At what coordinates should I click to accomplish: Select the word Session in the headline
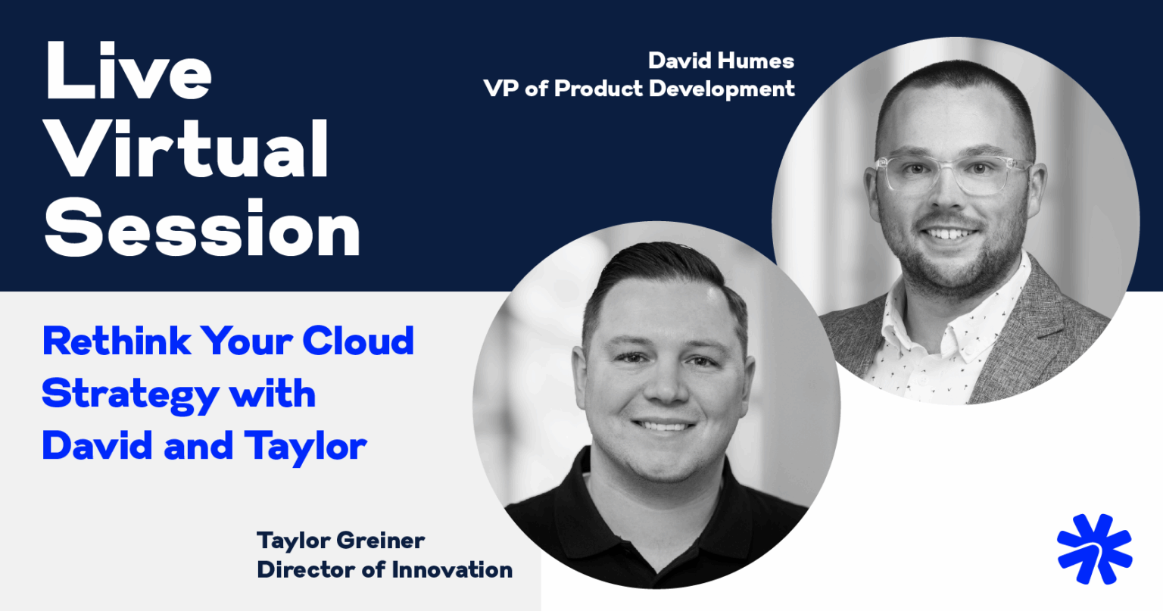pyautogui.click(x=202, y=229)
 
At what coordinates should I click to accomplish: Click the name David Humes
pyautogui.click(x=721, y=61)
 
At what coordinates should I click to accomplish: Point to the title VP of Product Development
pyautogui.click(x=639, y=89)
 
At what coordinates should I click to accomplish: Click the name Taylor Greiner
pyautogui.click(x=340, y=541)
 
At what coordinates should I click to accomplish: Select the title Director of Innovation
pyautogui.click(x=385, y=569)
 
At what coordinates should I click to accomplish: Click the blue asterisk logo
pyautogui.click(x=1094, y=549)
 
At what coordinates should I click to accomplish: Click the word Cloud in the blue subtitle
pyautogui.click(x=358, y=341)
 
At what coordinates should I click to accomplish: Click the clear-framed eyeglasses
pyautogui.click(x=952, y=173)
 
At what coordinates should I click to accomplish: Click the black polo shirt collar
pyautogui.click(x=598, y=485)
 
